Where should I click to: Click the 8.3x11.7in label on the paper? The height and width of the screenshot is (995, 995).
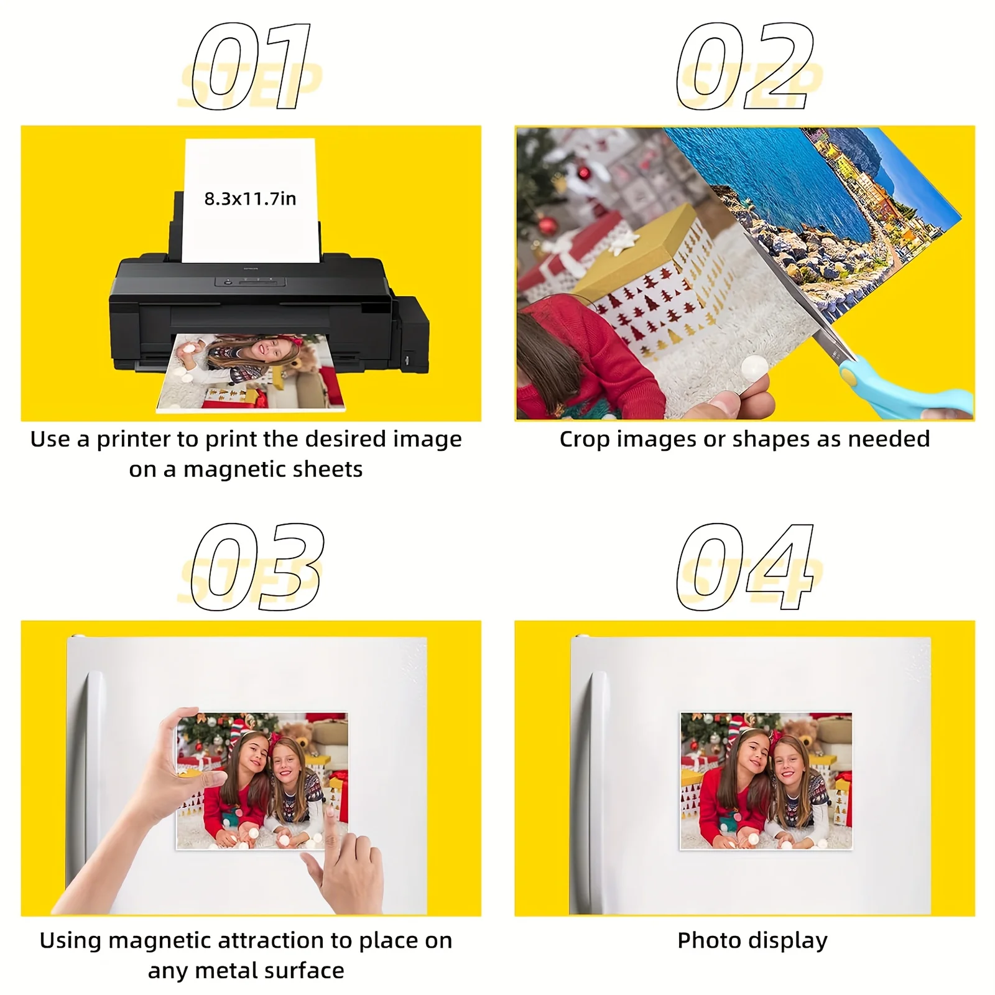click(x=250, y=199)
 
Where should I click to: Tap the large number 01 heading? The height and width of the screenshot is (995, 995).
click(x=252, y=67)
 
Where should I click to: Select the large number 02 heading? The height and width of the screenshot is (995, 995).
click(x=745, y=67)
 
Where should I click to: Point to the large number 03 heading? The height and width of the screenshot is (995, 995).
click(x=257, y=567)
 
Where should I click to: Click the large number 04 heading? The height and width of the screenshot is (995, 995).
click(x=745, y=567)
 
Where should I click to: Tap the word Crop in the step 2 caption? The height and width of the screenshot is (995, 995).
click(x=585, y=439)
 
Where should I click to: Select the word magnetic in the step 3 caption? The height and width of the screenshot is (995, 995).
click(x=163, y=940)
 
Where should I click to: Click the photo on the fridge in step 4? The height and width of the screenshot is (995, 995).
click(x=766, y=780)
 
